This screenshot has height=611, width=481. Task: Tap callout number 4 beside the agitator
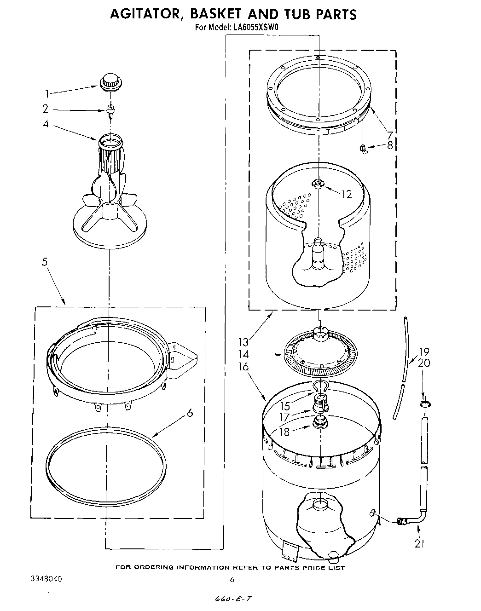pos(46,124)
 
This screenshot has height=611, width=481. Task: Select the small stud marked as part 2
pos(110,110)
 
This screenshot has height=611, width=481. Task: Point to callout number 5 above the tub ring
pos(45,262)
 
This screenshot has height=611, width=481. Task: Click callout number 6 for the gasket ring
pos(190,413)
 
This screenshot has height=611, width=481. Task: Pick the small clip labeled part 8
pos(363,148)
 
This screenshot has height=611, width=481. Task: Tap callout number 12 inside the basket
pos(346,194)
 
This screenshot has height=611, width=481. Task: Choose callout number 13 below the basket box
pos(243,342)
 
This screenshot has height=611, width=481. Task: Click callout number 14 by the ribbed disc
pos(244,355)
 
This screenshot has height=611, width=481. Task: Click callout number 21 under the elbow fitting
pos(419,544)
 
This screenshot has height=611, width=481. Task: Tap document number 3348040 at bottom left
pos(46,578)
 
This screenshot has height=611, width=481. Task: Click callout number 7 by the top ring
pos(389,135)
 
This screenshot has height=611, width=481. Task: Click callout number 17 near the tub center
pos(285,417)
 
